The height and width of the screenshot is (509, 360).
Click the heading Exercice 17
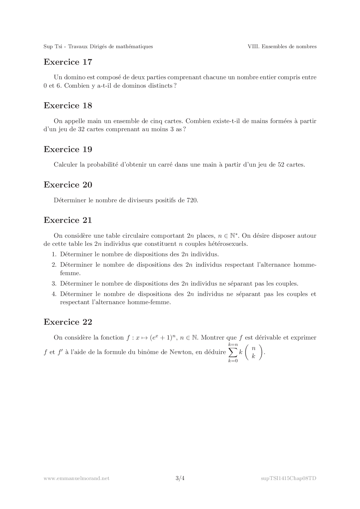click(x=68, y=62)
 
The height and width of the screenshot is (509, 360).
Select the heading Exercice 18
click(x=68, y=106)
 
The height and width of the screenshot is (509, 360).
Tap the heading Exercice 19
click(x=68, y=149)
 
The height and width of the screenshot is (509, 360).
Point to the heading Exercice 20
click(x=68, y=185)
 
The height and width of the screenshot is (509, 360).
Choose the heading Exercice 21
click(x=68, y=220)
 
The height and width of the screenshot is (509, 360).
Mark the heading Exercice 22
click(x=68, y=322)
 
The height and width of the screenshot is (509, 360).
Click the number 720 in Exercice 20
click(x=192, y=200)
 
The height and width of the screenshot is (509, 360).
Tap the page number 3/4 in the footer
click(x=180, y=478)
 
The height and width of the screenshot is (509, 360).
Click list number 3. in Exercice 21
click(x=54, y=284)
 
